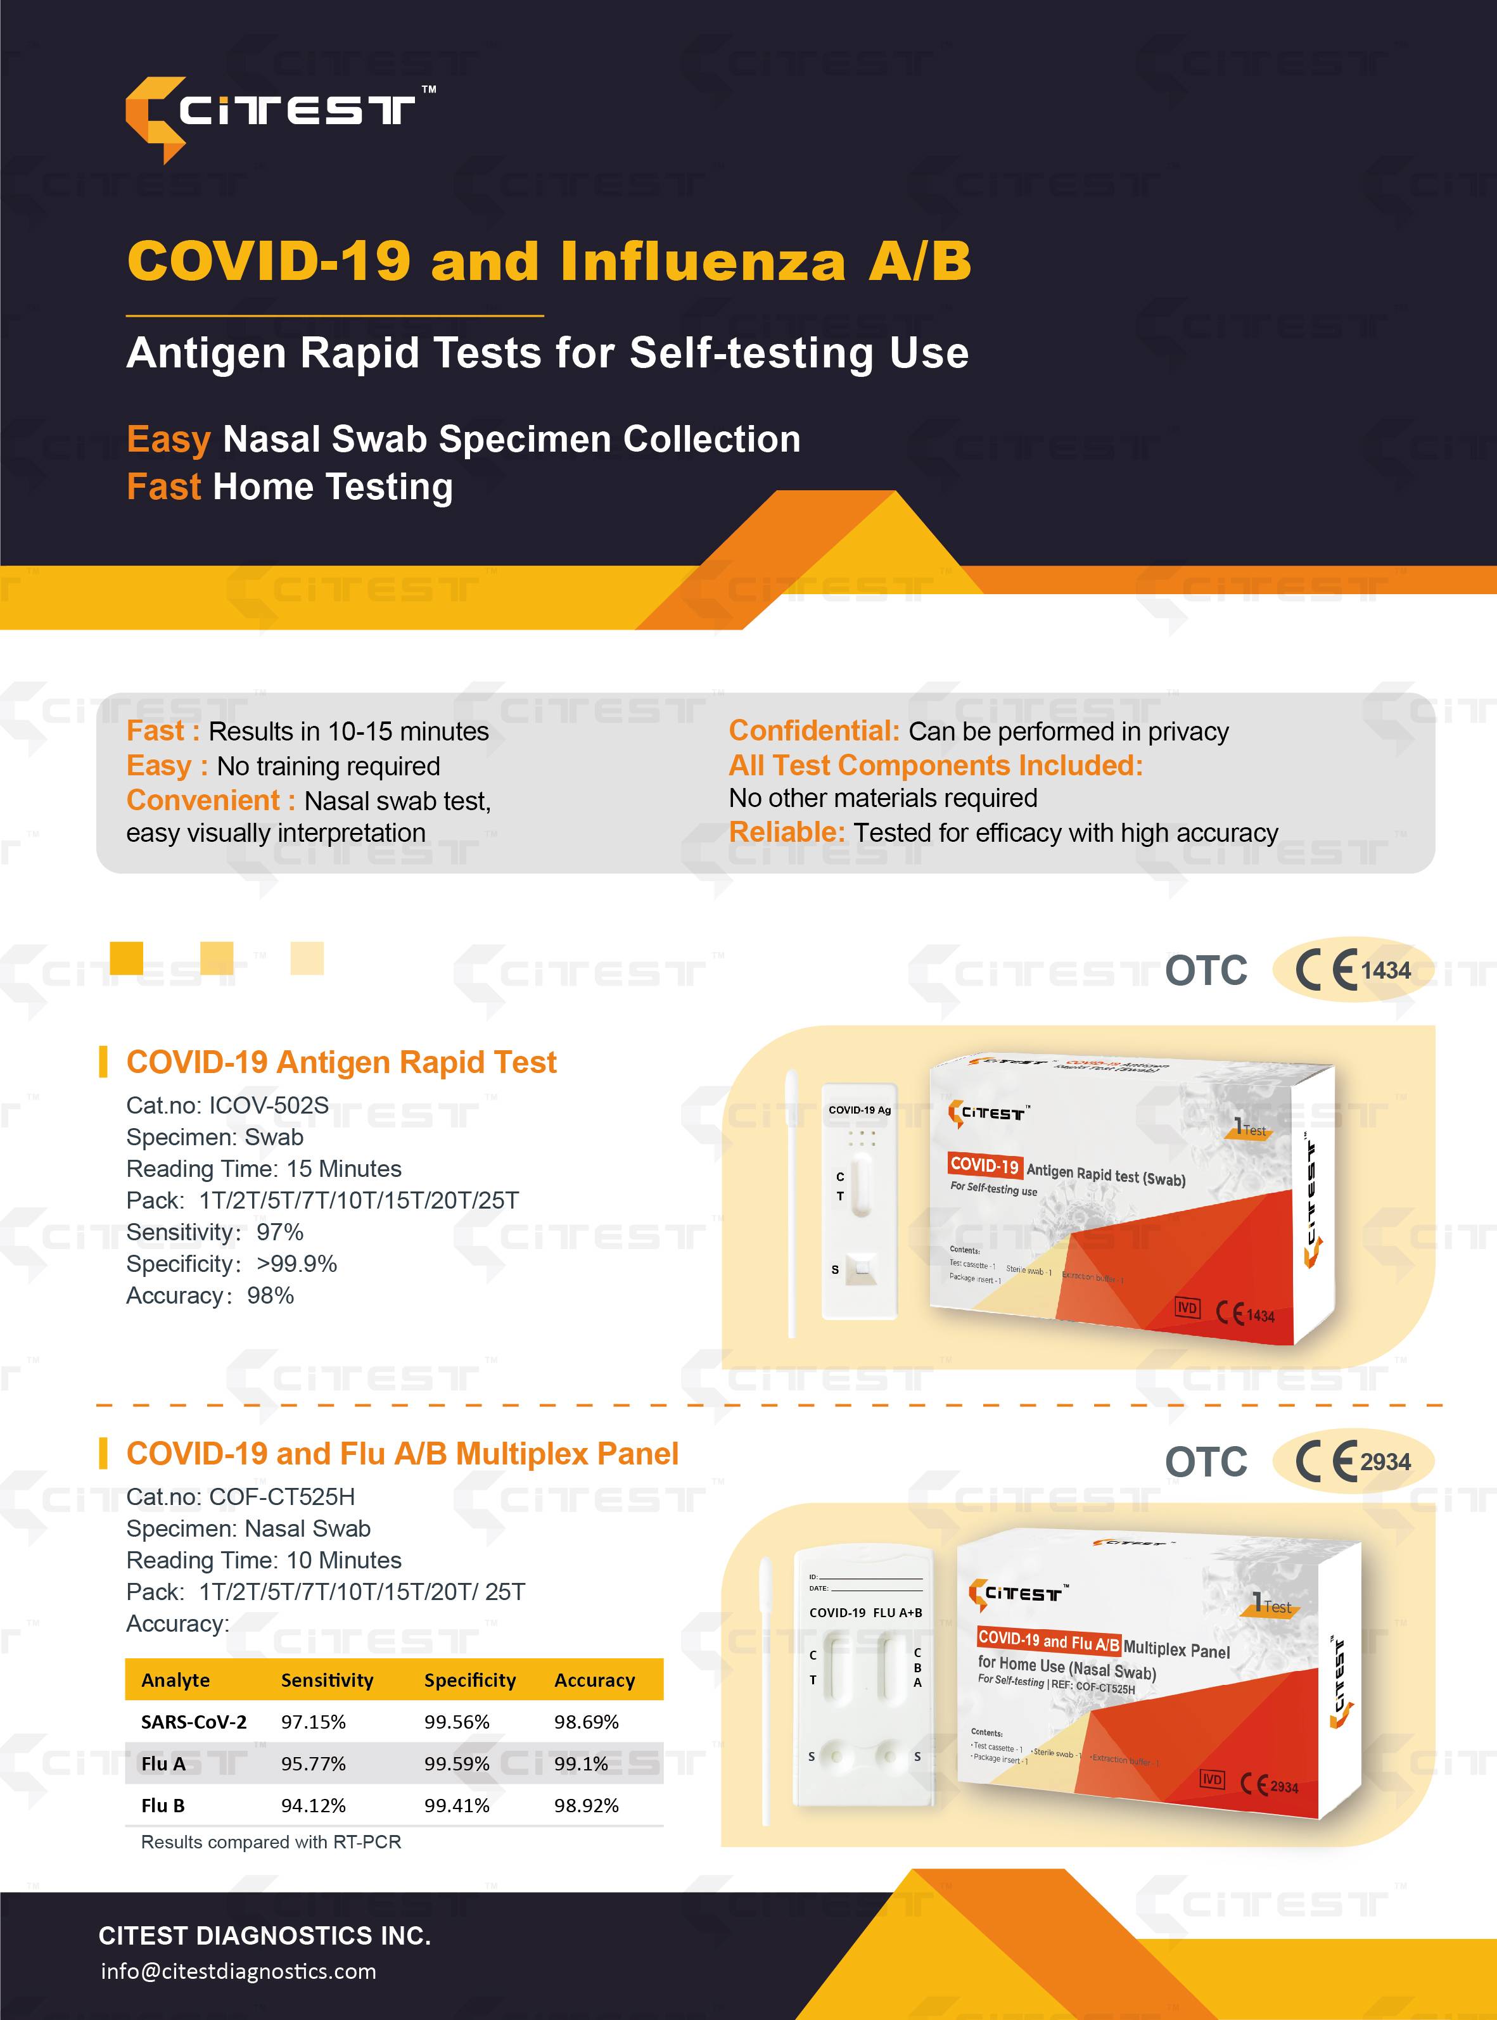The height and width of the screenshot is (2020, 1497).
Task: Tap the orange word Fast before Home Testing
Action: (x=163, y=486)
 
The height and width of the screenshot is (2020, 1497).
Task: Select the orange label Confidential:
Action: (x=813, y=731)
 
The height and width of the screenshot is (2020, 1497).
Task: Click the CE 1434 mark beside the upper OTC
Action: (x=1352, y=970)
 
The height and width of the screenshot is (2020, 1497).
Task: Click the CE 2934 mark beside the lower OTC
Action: (x=1352, y=1461)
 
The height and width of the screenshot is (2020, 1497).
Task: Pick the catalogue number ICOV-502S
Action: (x=269, y=1105)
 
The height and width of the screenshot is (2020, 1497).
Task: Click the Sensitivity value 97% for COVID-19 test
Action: (x=280, y=1232)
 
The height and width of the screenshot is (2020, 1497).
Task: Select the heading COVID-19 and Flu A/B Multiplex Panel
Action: (x=402, y=1454)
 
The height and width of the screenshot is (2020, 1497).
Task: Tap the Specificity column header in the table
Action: (x=469, y=1680)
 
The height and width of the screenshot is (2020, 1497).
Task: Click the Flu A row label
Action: (x=163, y=1763)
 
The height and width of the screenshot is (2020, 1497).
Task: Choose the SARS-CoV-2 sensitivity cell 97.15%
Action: (x=312, y=1722)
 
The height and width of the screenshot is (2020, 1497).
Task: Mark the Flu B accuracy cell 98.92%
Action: (x=586, y=1805)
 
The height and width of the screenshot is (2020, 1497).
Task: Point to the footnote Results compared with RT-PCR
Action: (x=271, y=1841)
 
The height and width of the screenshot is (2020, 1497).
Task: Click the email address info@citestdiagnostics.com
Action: (x=238, y=1971)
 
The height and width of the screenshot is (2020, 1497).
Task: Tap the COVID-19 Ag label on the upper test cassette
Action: (x=859, y=1110)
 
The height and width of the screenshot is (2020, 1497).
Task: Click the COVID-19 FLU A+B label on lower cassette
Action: (x=865, y=1612)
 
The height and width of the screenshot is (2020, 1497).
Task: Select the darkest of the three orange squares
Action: (x=126, y=958)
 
